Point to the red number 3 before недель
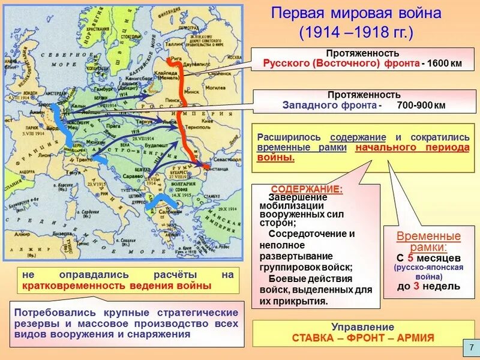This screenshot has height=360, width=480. click(416, 286)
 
